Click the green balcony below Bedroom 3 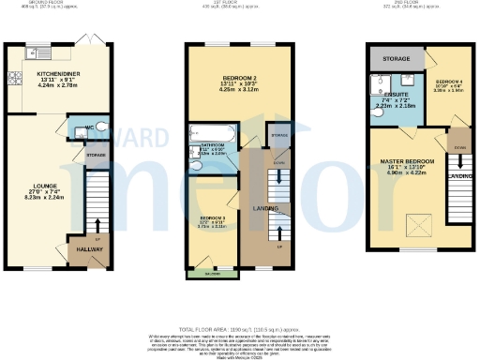[213, 274]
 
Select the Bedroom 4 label [448, 83]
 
